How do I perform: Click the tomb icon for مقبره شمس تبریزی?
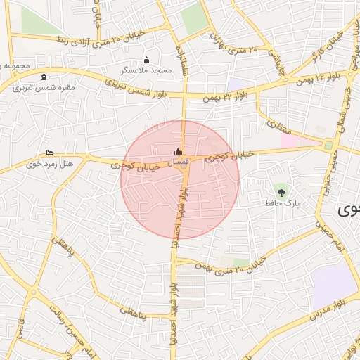click(x=45, y=77)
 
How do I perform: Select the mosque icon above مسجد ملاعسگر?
click(x=146, y=60)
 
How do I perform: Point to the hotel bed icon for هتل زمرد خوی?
click(x=49, y=153)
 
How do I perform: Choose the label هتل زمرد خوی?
click(x=49, y=164)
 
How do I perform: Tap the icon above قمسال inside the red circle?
click(x=178, y=151)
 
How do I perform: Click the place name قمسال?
click(x=179, y=162)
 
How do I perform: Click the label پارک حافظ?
click(x=282, y=202)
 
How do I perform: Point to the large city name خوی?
click(x=349, y=210)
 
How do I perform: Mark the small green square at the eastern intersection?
click(x=328, y=146)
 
